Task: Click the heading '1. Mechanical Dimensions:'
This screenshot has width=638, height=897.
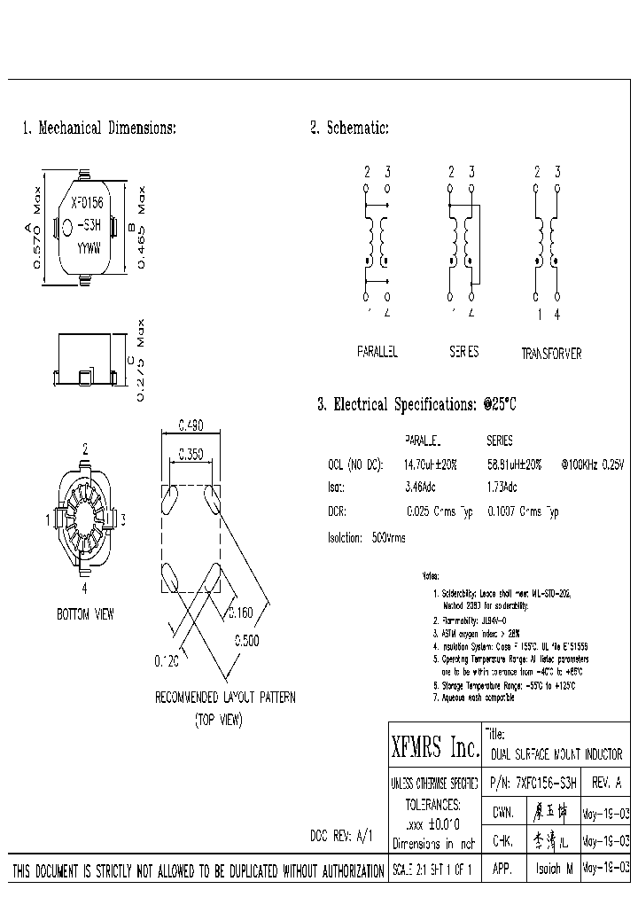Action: coord(99,129)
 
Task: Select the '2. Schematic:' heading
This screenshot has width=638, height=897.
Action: coord(350,129)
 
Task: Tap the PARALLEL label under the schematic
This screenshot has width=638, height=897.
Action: coord(377,352)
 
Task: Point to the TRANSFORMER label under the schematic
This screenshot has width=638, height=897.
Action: coord(551,354)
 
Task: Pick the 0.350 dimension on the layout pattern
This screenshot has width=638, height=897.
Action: coord(189,455)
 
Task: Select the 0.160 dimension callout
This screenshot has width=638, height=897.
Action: coord(240,612)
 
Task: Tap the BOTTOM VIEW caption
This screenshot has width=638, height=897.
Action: coord(85,614)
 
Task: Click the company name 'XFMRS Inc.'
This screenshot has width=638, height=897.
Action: coord(434,749)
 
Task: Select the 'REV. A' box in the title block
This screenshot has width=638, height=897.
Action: coord(606,783)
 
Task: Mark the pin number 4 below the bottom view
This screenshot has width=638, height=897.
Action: coord(84,588)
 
